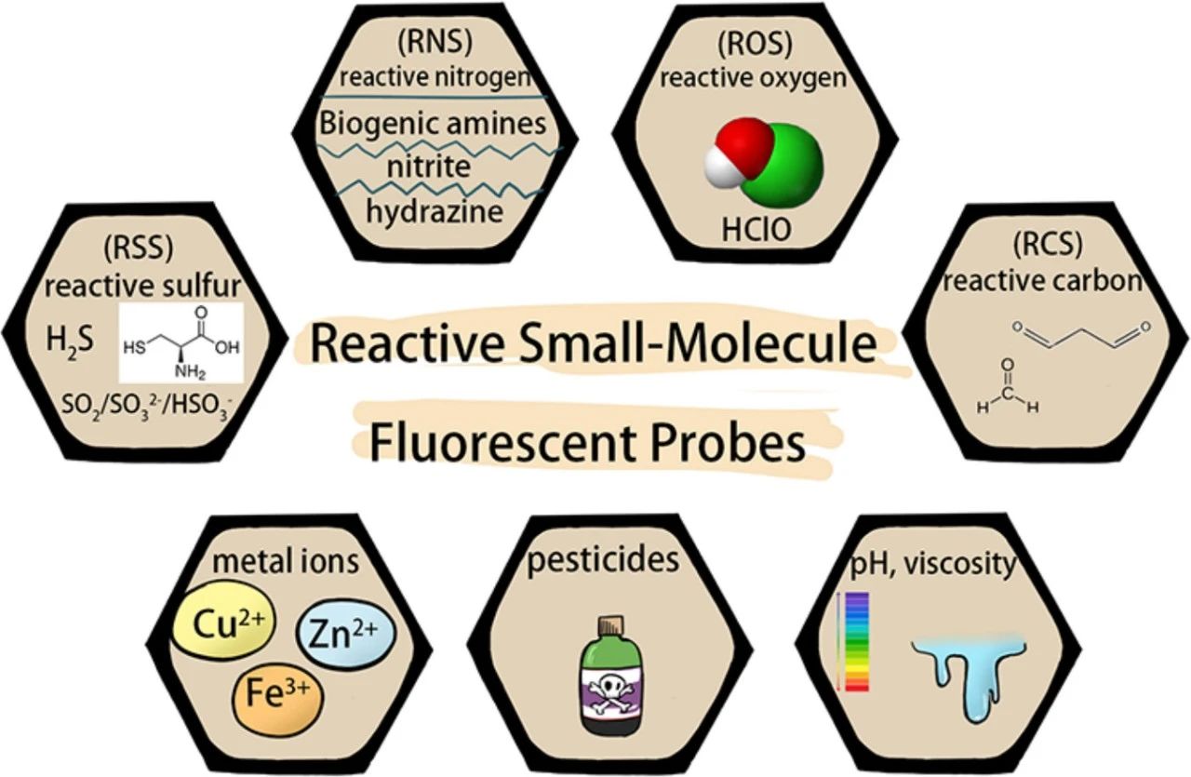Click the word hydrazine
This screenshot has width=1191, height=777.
pyautogui.click(x=435, y=210)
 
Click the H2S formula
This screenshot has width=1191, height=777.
pyautogui.click(x=69, y=342)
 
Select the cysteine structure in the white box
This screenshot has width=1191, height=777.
pyautogui.click(x=182, y=342)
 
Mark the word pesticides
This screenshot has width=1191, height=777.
pyautogui.click(x=603, y=561)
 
